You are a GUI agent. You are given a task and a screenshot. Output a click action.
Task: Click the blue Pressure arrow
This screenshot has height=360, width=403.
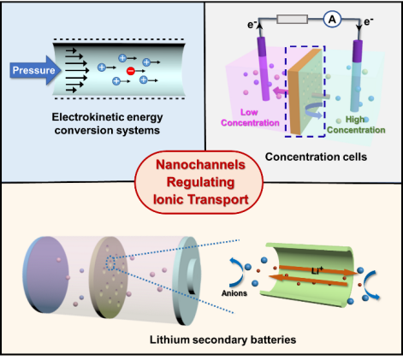click(35, 70)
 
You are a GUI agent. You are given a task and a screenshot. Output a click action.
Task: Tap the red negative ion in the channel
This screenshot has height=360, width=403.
click(131, 71)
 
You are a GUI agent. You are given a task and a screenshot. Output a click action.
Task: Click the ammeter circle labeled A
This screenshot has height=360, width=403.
click(332, 20)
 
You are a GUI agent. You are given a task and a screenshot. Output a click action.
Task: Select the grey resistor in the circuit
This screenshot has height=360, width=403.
click(292, 19)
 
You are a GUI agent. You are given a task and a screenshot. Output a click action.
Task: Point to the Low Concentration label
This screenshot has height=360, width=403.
click(250, 117)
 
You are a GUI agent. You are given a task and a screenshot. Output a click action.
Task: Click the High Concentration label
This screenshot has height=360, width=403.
click(356, 125)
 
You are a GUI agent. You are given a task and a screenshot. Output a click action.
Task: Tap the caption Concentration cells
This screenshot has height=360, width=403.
click(316, 156)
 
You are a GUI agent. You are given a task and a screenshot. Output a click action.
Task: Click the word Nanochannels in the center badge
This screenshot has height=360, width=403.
click(200, 165)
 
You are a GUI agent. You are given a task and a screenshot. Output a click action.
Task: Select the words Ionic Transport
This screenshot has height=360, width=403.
click(201, 199)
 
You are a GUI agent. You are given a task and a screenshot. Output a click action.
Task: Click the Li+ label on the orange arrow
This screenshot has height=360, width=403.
click(317, 270)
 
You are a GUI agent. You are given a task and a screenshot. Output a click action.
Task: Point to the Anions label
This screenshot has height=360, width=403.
click(234, 293)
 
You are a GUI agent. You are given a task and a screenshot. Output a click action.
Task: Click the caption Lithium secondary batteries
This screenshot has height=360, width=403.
click(222, 339)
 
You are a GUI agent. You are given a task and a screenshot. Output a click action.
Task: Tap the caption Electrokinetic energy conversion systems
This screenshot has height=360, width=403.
click(107, 124)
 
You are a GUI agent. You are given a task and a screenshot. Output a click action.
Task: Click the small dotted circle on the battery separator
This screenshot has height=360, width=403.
click(110, 263)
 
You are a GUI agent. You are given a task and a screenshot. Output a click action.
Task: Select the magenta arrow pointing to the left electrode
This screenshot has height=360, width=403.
click(280, 91)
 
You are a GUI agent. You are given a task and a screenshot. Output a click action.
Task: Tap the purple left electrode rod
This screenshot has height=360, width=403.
click(264, 68)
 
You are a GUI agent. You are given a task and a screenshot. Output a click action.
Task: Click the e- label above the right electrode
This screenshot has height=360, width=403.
click(369, 21)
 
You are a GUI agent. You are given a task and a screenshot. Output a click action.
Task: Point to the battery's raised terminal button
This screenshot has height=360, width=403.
click(193, 276)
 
